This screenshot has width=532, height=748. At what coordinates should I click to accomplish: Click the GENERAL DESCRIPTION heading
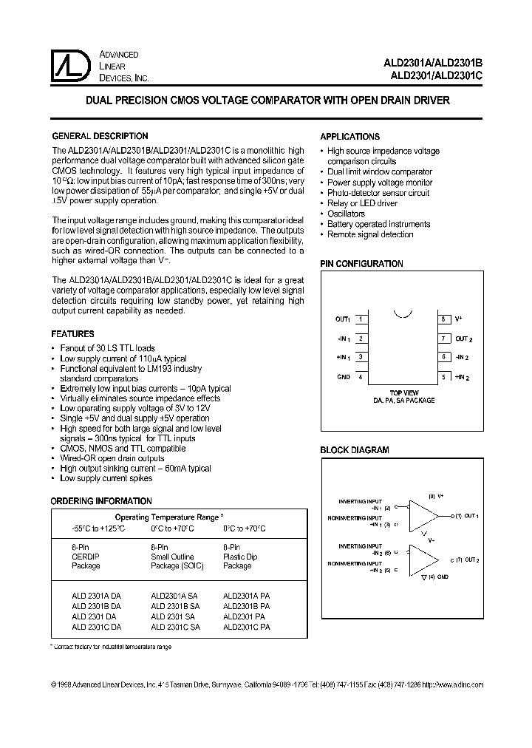(100, 137)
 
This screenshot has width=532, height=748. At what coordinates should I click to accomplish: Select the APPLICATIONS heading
(349, 137)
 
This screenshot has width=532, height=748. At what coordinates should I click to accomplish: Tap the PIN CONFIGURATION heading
(361, 264)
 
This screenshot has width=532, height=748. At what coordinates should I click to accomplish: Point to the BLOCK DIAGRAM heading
(354, 450)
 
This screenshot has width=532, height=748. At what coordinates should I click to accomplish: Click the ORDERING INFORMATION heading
(101, 501)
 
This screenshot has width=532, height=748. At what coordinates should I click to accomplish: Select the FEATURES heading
(72, 334)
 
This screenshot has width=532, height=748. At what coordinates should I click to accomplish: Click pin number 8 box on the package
(443, 319)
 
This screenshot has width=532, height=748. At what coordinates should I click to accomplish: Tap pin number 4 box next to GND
(361, 377)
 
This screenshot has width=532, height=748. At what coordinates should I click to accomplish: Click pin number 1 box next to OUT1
(361, 319)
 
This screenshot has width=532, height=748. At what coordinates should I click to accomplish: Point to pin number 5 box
(443, 377)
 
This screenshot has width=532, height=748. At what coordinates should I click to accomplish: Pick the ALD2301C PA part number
(247, 627)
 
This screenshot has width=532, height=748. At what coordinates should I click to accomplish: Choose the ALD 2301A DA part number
(96, 596)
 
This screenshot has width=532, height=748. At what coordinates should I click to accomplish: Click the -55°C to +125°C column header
(98, 529)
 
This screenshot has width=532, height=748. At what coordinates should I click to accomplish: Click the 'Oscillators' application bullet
(346, 214)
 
